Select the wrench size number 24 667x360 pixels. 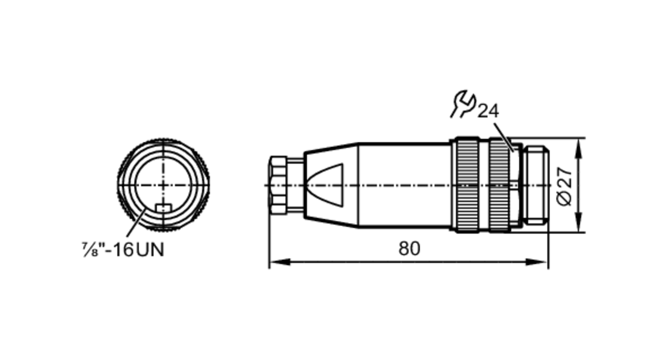coord(488,111)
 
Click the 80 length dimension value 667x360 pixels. coord(409,249)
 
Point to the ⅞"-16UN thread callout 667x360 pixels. coord(123,250)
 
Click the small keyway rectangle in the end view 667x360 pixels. coord(163,208)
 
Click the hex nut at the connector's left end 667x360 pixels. coord(278,185)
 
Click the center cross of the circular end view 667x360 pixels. coord(163,185)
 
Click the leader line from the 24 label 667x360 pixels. coord(504,137)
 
